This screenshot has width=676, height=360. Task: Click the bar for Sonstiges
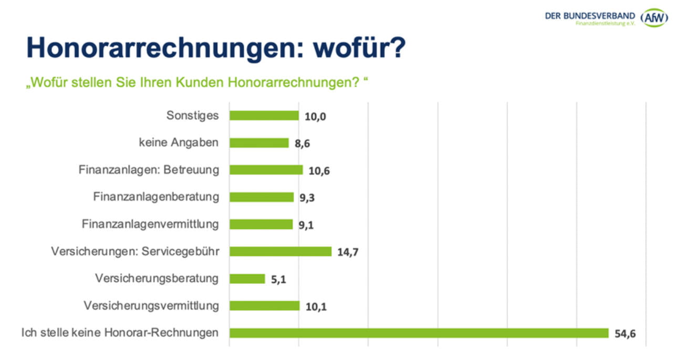(x=264, y=116)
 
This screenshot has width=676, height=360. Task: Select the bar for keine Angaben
(x=259, y=143)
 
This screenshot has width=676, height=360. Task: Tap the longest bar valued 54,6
(x=419, y=333)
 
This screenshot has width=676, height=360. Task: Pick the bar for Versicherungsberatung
(x=247, y=279)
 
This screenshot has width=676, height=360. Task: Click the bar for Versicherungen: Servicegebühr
(x=280, y=251)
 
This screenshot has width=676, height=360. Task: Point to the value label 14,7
(x=348, y=252)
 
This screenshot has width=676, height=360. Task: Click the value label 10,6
(x=319, y=171)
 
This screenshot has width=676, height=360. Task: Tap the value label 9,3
(x=308, y=198)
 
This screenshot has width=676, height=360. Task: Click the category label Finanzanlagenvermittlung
(x=150, y=224)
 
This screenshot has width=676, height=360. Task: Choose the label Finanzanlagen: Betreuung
(x=149, y=170)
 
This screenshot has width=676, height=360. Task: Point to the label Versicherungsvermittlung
(x=151, y=305)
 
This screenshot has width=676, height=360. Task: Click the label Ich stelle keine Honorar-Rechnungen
(x=120, y=333)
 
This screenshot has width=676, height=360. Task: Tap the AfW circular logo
(x=654, y=18)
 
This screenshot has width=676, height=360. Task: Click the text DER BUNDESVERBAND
(x=590, y=16)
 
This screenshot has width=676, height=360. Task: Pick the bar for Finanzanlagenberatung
(x=262, y=197)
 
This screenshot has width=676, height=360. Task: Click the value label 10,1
(x=316, y=307)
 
